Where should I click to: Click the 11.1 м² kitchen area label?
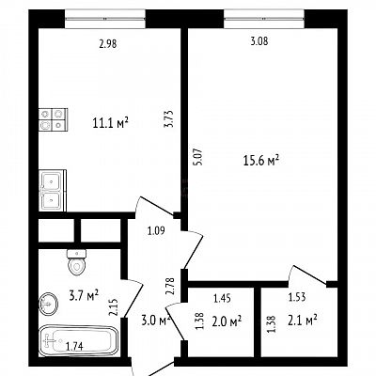point(111,123)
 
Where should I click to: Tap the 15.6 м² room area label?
point(261,161)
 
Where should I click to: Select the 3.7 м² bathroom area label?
point(84,295)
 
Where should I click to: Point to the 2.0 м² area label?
point(227,321)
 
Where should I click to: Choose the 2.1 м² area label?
point(302,321)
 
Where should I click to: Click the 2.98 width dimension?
point(108,44)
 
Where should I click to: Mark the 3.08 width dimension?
point(259,41)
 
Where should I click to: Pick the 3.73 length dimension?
point(169,118)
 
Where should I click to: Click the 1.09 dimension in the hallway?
point(156,231)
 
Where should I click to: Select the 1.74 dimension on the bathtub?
point(74,346)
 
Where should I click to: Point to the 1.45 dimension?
point(222,298)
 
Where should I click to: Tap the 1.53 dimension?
point(297,297)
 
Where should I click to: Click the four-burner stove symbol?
point(53,119)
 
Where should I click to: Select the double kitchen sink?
point(53,191)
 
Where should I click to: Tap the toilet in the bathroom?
point(76,262)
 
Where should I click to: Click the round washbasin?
point(49,304)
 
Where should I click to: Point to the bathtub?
point(78,341)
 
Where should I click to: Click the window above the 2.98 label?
point(105,19)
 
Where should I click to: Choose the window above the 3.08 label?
point(264,19)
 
